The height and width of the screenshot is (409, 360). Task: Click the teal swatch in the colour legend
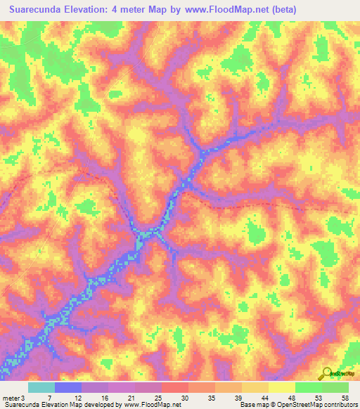41,387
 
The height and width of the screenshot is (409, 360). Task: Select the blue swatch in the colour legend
68,387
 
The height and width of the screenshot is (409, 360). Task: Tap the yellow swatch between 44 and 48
282,387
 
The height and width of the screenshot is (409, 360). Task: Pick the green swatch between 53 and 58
335,387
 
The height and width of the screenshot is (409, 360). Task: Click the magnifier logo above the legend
327,373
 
